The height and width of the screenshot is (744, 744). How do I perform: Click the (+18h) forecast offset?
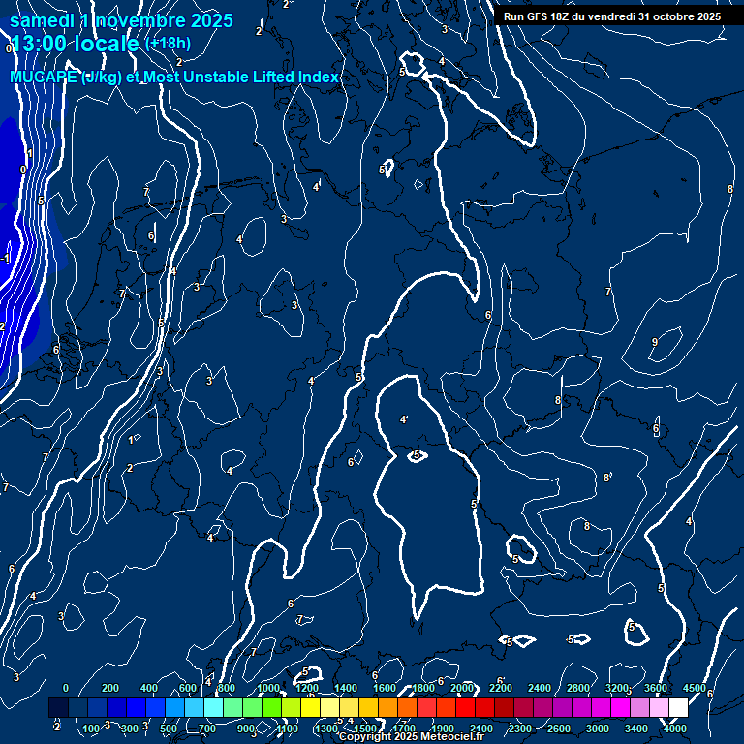coord(168,44)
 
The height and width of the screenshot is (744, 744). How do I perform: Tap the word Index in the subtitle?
coord(318,77)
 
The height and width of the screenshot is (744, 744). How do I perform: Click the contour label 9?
coord(655,342)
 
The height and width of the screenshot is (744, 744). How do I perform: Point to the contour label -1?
coord(6,260)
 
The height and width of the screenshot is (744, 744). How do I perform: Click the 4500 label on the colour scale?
coord(694,688)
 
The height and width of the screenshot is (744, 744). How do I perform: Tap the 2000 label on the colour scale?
coord(462,688)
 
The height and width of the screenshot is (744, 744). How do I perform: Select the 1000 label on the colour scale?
coord(268,688)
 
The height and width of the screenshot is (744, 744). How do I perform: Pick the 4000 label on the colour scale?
coord(676,728)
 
